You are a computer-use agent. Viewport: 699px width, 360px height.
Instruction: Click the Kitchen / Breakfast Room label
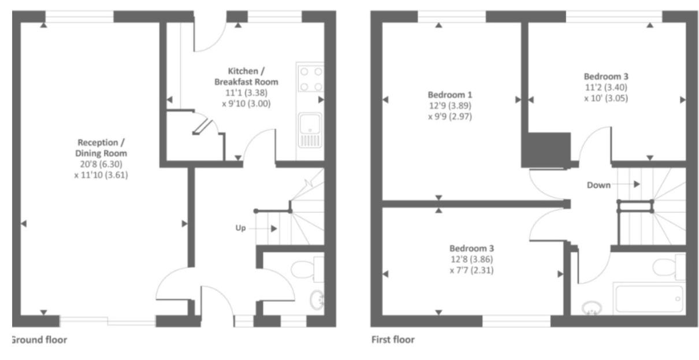(x=246, y=76)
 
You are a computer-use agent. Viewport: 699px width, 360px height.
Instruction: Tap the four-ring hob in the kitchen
(x=311, y=77)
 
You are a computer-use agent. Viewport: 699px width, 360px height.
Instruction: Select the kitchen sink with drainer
(x=310, y=130)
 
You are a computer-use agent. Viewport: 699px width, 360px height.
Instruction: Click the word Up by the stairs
(x=240, y=228)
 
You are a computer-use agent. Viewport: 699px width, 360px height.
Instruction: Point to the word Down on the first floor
(x=598, y=185)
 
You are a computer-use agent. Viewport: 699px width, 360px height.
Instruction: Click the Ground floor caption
(x=39, y=340)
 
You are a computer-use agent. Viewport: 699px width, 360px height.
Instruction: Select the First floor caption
(x=393, y=339)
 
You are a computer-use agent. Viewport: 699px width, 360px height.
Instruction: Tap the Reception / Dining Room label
(x=101, y=148)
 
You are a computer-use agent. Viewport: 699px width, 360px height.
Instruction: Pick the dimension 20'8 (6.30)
(x=101, y=164)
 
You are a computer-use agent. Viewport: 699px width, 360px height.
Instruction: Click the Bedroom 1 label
(x=449, y=95)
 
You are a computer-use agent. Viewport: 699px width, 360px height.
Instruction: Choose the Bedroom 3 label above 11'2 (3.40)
(x=606, y=76)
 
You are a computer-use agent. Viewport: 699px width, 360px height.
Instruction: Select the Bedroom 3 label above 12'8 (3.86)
(x=471, y=248)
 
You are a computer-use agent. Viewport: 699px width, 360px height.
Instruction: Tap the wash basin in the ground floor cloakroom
(x=317, y=300)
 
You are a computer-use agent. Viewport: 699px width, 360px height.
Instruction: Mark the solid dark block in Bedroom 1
(x=546, y=150)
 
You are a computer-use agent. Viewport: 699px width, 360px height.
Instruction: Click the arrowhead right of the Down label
(x=637, y=184)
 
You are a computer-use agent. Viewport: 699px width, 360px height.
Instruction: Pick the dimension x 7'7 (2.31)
(x=471, y=270)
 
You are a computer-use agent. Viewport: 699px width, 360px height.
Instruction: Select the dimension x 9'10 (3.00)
(x=246, y=103)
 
